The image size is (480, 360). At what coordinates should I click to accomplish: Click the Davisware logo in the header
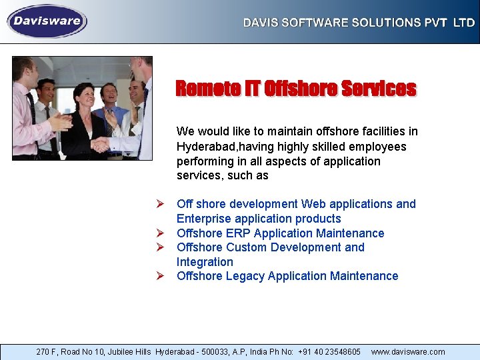coord(47,21)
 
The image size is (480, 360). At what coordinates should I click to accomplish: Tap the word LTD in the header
coord(464,23)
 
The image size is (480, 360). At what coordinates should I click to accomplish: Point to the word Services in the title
coord(378,89)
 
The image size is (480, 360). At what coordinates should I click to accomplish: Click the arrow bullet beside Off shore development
coord(161,203)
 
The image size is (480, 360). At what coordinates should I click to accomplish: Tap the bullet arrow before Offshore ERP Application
coord(161,233)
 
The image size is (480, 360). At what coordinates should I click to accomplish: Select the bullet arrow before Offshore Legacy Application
coord(161,275)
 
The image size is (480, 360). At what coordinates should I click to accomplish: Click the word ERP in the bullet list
coord(238,233)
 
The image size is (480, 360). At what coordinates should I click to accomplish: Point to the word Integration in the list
coord(205,262)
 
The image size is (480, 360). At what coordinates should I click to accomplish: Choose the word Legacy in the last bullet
coord(247,276)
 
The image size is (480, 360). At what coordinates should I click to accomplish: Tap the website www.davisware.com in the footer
coord(408,351)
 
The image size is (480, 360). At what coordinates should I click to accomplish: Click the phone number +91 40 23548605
coord(329,351)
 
